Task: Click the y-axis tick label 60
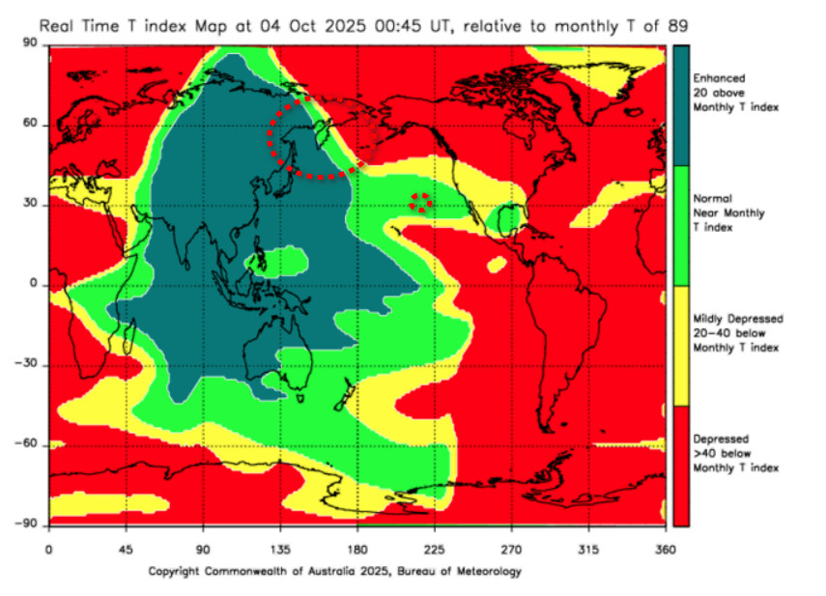(x=31, y=124)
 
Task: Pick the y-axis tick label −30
(x=27, y=365)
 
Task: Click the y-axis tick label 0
(x=35, y=285)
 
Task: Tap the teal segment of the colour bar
(x=681, y=105)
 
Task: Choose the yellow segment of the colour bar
(x=681, y=346)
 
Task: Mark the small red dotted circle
(x=420, y=202)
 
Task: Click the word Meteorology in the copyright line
(x=489, y=571)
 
